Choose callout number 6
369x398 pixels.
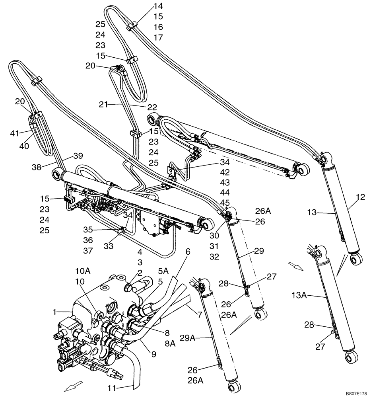pyautogui.click(x=188, y=252)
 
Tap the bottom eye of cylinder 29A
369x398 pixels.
pyautogui.click(x=233, y=387)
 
